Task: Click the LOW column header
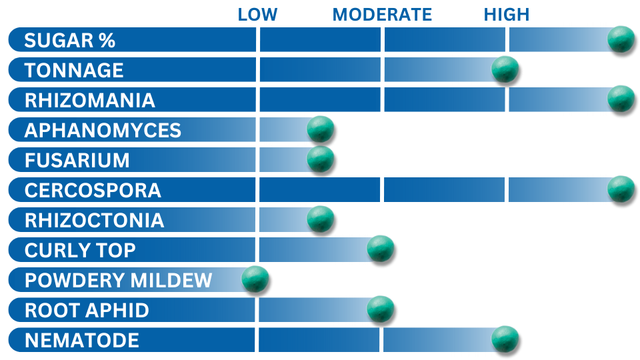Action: coord(257,15)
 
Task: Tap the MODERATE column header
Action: coord(382,15)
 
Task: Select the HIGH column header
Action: coord(507,15)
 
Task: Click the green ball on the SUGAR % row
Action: coord(621,39)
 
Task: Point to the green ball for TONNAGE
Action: coord(505,69)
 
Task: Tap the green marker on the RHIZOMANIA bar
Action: coord(621,99)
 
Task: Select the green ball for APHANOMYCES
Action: coord(321,129)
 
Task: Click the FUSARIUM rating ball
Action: coord(321,159)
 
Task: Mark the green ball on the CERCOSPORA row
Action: coord(621,189)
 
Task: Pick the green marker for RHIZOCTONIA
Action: coord(321,219)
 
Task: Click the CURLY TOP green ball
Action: coord(381,249)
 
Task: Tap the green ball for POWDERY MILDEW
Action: coord(255,279)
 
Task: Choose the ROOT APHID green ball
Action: coord(381,309)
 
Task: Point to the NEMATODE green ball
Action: coord(505,339)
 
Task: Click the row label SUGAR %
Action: coord(70,41)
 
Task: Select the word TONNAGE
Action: coord(74,70)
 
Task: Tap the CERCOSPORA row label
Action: coord(93,191)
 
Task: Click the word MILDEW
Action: coord(171,281)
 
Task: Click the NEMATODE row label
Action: coord(82,341)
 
